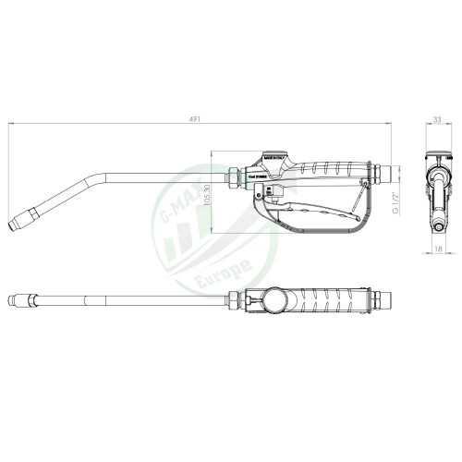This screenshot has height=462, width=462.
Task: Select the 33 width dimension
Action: pos(436,117)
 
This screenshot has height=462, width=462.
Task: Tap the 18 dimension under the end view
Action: pos(437,249)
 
